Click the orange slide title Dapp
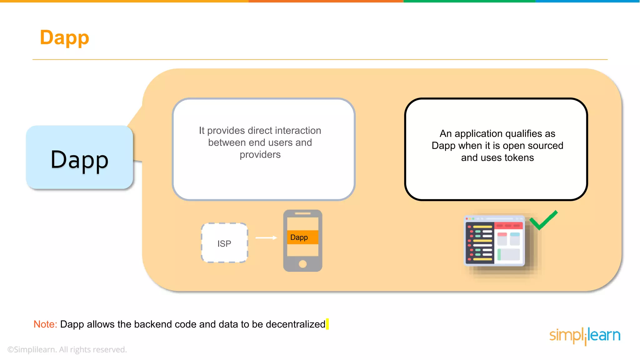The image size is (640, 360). click(64, 37)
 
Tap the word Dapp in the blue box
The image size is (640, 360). click(79, 160)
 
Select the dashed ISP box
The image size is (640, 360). click(224, 243)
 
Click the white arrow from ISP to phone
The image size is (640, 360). click(266, 238)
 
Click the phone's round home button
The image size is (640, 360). click(302, 264)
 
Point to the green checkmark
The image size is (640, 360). click(543, 220)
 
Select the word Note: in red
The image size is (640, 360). click(45, 324)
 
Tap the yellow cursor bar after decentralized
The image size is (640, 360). click(327, 324)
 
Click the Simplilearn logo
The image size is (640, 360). click(585, 336)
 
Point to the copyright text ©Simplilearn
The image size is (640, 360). click(67, 349)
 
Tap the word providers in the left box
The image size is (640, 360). click(260, 154)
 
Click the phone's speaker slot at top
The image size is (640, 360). click(302, 213)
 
